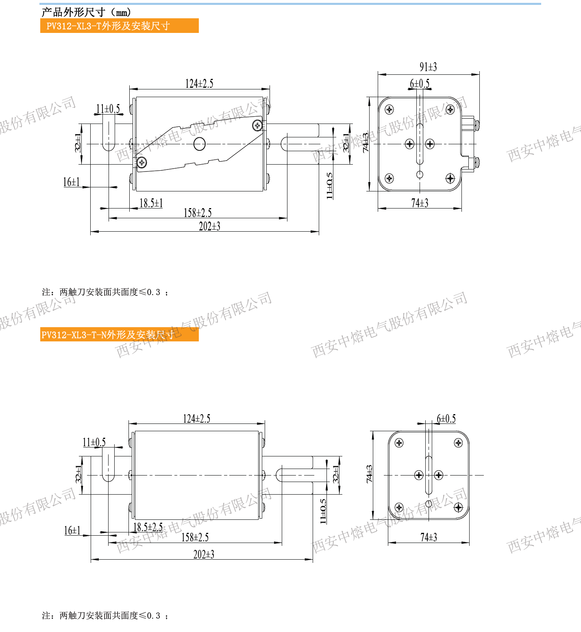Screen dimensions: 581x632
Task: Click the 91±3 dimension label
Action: (428, 67)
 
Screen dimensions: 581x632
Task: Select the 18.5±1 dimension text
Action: (151, 203)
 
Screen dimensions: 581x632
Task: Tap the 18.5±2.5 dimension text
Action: (148, 527)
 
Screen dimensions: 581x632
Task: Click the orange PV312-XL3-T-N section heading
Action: (120, 334)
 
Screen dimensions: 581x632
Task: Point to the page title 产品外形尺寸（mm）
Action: (86, 12)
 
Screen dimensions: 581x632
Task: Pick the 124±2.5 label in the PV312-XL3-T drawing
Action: (199, 83)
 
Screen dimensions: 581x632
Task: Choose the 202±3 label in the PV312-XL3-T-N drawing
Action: (204, 554)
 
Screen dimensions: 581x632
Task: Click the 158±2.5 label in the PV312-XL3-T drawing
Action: (198, 213)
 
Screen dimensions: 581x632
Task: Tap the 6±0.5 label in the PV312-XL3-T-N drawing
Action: (446, 419)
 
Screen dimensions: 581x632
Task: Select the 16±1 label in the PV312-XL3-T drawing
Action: (72, 182)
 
